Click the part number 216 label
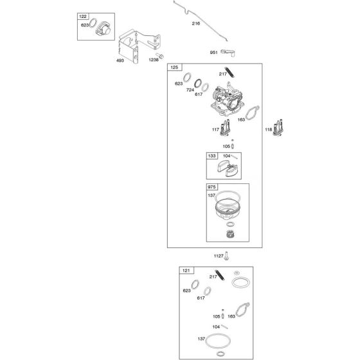pyautogui.click(x=196, y=23)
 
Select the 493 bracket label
pyautogui.click(x=120, y=60)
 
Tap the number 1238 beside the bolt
pyautogui.click(x=154, y=60)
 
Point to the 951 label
pyautogui.click(x=213, y=52)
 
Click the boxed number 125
pyautogui.click(x=174, y=67)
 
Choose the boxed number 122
pyautogui.click(x=83, y=16)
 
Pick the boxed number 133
pyautogui.click(x=212, y=156)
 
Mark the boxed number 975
pyautogui.click(x=212, y=187)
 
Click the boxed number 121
pyautogui.click(x=186, y=271)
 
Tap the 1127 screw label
pyautogui.click(x=219, y=256)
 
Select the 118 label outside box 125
pyautogui.click(x=269, y=129)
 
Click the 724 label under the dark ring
pyautogui.click(x=190, y=90)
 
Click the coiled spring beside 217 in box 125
pyautogui.click(x=230, y=72)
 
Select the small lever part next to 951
pyautogui.click(x=228, y=53)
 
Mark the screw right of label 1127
pyautogui.click(x=226, y=256)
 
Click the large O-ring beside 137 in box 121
pyautogui.click(x=218, y=341)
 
